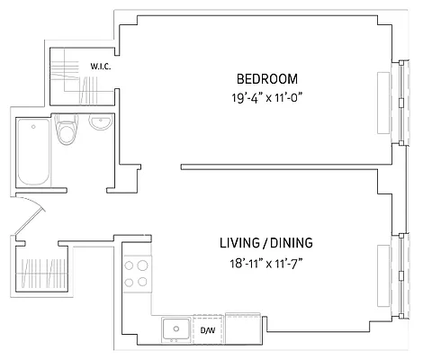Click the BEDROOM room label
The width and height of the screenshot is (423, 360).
(267, 78)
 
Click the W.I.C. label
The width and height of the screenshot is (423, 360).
(99, 66)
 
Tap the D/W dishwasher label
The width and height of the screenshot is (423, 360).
(207, 329)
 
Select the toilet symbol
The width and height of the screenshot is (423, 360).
(65, 132)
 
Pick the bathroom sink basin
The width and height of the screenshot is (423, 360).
(99, 124)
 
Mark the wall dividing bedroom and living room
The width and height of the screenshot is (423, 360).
(279, 166)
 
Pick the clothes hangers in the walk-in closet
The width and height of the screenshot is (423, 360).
(90, 90)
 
